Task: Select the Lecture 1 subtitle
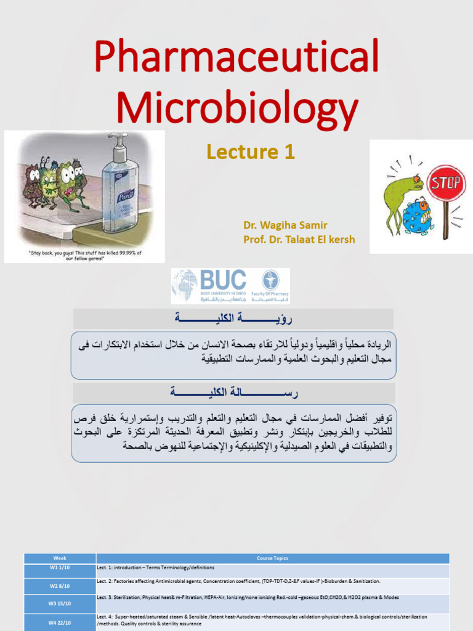pyautogui.click(x=251, y=152)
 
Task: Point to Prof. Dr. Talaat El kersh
pyautogui.click(x=299, y=240)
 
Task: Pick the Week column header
pyautogui.click(x=60, y=558)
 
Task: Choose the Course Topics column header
pyautogui.click(x=272, y=558)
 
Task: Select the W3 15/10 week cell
pyautogui.click(x=60, y=603)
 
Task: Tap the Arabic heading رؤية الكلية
pyautogui.click(x=233, y=319)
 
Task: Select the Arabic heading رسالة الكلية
pyautogui.click(x=233, y=393)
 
